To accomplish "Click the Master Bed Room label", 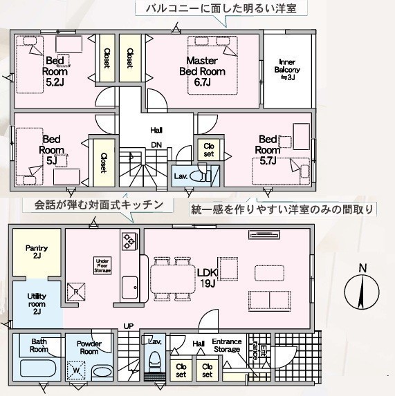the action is tap(202, 71).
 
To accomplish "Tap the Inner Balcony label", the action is tap(287, 70).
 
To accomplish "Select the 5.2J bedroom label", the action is tap(55, 71).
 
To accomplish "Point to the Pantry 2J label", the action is tap(37, 252).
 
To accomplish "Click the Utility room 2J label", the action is tap(37, 304).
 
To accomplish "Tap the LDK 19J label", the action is tap(208, 278).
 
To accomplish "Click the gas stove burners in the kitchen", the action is tap(129, 241).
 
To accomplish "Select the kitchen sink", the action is tap(129, 287).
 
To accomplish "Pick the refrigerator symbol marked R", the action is tap(76, 292).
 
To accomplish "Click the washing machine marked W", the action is tap(76, 370).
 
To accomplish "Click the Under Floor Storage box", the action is tap(102, 265).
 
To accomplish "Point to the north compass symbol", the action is tap(362, 288).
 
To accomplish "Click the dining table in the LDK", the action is tap(173, 279).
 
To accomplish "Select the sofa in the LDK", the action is tap(269, 301).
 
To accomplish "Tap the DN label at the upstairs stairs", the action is tap(156, 145).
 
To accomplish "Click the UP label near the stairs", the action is tap(129, 326).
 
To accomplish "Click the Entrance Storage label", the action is tap(226, 346).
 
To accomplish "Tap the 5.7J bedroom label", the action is tap(268, 150).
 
